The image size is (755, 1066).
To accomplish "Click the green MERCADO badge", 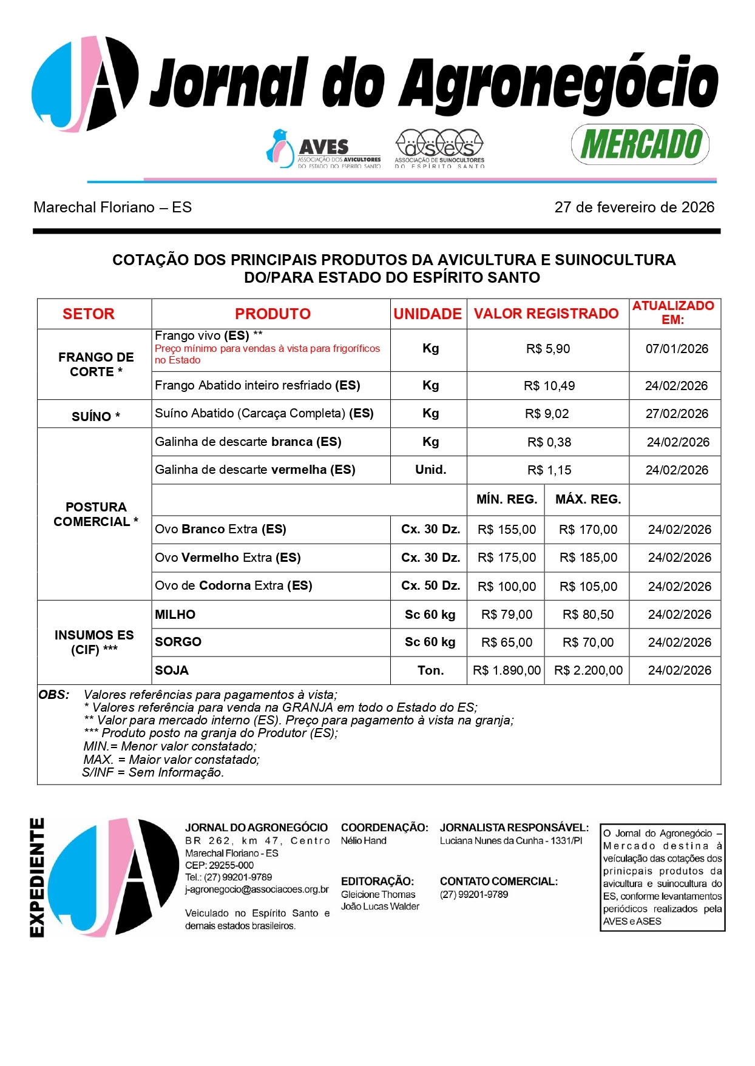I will click(x=640, y=144).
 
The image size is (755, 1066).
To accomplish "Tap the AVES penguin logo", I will click(x=280, y=147).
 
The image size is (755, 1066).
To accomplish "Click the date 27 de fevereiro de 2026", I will click(x=634, y=207).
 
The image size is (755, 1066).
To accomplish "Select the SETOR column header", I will click(x=89, y=314).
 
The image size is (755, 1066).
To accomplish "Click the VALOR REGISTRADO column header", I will click(x=546, y=314).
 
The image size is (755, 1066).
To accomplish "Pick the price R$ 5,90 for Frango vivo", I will click(x=547, y=349).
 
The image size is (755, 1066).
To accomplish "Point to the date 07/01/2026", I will click(x=676, y=349).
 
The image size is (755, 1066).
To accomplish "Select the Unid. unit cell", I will click(x=430, y=470).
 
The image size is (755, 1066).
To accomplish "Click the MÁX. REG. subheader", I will click(x=587, y=499).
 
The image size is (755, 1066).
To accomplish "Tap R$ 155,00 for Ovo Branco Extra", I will click(x=506, y=530).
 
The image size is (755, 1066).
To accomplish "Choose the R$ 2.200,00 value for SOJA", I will click(x=587, y=670).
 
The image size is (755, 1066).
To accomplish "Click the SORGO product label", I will click(x=178, y=642).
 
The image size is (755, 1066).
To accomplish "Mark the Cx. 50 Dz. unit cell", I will click(x=430, y=585).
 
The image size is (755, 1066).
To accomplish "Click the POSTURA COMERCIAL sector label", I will click(x=95, y=514).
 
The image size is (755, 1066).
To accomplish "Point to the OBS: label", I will click(x=53, y=695).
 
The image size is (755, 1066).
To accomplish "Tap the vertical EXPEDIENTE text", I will click(x=37, y=877).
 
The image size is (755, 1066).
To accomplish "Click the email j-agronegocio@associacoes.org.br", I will click(x=257, y=889).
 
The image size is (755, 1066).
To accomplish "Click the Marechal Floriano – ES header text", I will click(x=113, y=207).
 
